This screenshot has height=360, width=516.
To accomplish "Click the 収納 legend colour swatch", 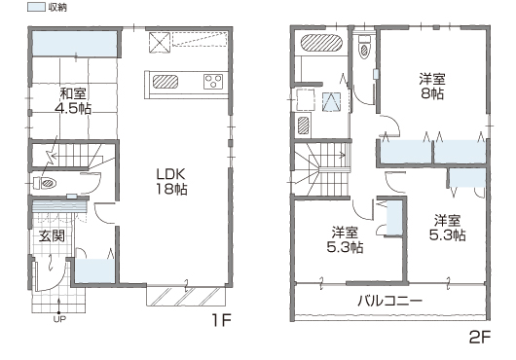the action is [x=36, y=7].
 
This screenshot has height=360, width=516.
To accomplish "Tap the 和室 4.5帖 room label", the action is [x=73, y=101].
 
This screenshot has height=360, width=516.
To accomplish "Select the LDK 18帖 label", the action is [x=171, y=181].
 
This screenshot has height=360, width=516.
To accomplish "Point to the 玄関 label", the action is [x=52, y=235].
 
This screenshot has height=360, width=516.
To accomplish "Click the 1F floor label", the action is [x=221, y=319].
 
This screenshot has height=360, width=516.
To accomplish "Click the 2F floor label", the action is [x=480, y=337].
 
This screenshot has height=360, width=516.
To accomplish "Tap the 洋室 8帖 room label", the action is [x=432, y=87].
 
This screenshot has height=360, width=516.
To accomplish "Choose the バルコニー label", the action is [x=390, y=301].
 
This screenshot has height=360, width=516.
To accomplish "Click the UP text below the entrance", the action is [x=59, y=319].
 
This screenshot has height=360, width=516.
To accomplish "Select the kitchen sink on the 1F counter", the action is [x=166, y=82].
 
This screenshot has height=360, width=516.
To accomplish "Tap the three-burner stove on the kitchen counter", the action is [x=213, y=82].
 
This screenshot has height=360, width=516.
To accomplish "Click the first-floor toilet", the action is [x=46, y=183].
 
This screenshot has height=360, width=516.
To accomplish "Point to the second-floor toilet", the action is [x=364, y=47].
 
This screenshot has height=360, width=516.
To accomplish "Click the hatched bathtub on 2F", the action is [x=322, y=43].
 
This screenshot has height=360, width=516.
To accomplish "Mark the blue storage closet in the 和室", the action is [x=74, y=44].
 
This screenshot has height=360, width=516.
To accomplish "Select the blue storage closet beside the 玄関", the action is [x=94, y=270].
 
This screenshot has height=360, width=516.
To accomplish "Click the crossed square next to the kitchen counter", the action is [x=160, y=43].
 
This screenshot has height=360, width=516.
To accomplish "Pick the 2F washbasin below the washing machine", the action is [x=304, y=125].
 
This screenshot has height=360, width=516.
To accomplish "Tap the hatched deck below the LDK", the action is [x=186, y=297].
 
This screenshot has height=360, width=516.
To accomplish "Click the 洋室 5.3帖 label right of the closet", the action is [x=447, y=228].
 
